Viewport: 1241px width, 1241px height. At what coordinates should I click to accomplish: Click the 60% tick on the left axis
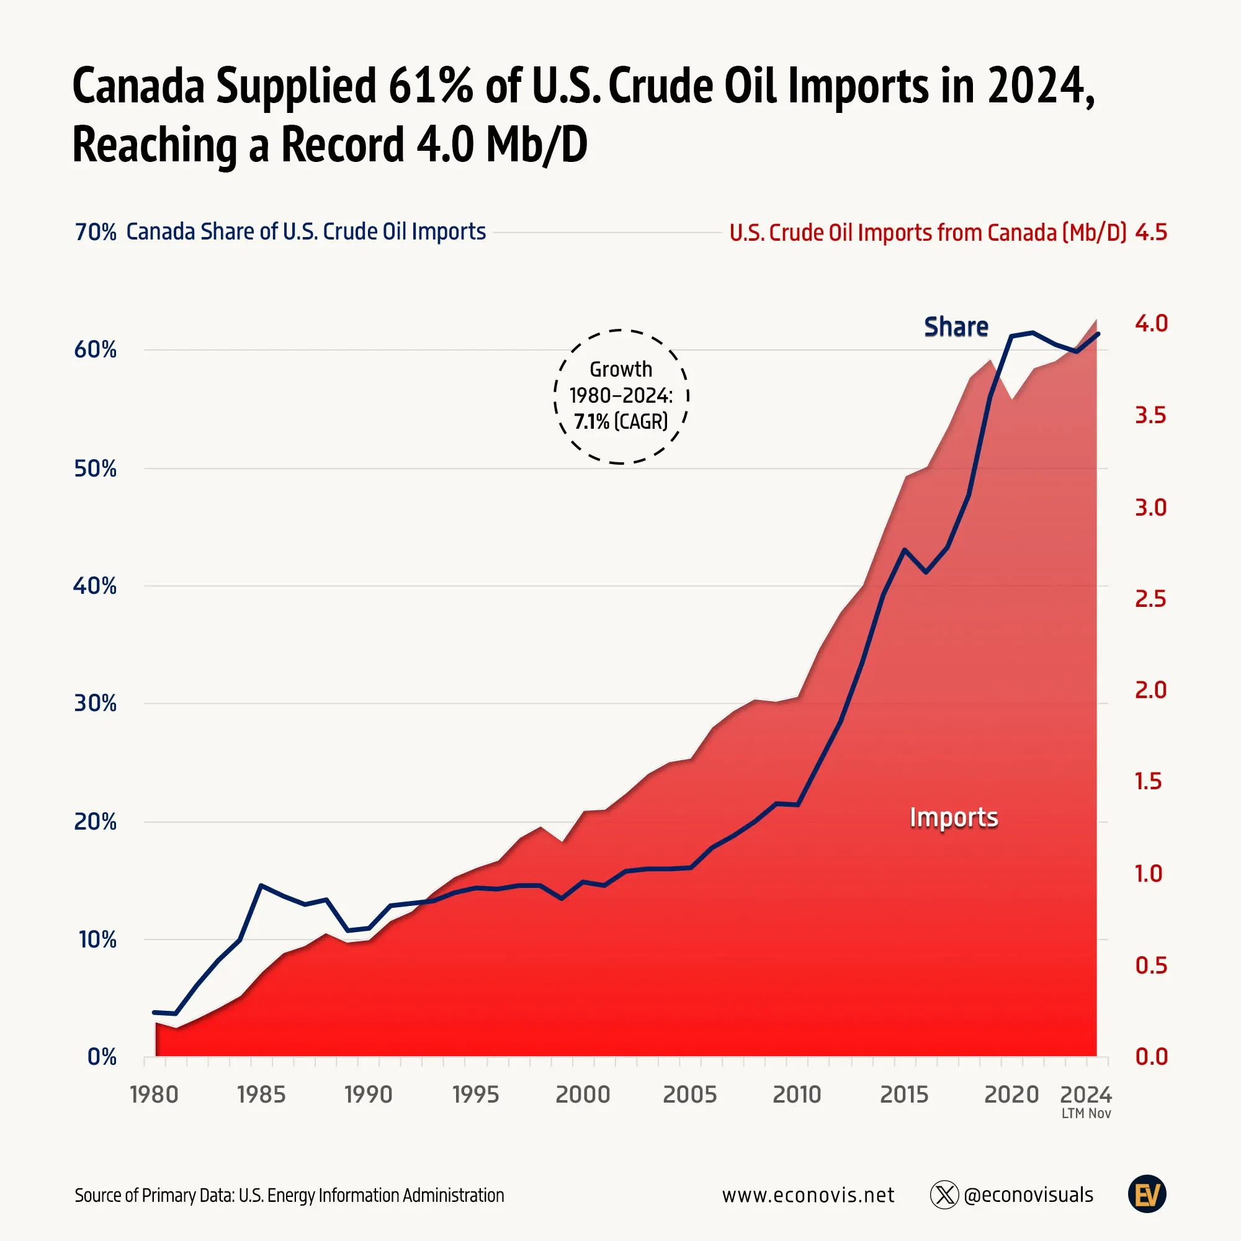pyautogui.click(x=95, y=350)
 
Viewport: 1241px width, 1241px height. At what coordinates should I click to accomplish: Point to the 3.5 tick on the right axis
pyautogui.click(x=1150, y=416)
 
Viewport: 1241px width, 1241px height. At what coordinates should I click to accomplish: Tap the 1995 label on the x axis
pyautogui.click(x=475, y=1094)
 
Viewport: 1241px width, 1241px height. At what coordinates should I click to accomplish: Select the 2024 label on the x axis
pyautogui.click(x=1085, y=1094)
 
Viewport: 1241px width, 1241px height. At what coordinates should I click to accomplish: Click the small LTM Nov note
pyautogui.click(x=1085, y=1114)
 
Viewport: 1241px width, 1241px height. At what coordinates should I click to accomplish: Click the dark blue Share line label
pyautogui.click(x=956, y=327)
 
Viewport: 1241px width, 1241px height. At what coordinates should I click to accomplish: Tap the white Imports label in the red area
pyautogui.click(x=954, y=818)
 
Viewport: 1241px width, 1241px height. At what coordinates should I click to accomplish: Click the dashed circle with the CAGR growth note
pyautogui.click(x=621, y=396)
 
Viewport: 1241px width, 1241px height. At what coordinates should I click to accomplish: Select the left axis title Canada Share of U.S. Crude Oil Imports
pyautogui.click(x=306, y=232)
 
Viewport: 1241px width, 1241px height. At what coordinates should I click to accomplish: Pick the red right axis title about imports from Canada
pyautogui.click(x=928, y=233)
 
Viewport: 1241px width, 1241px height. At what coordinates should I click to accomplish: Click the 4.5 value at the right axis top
pyautogui.click(x=1151, y=233)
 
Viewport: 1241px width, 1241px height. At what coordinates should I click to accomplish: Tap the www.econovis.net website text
pyautogui.click(x=808, y=1194)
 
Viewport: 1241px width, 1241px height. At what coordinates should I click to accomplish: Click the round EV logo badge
pyautogui.click(x=1147, y=1194)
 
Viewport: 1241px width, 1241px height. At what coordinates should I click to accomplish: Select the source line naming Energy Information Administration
pyautogui.click(x=289, y=1196)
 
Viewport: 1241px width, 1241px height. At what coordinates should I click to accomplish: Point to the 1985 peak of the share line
pyautogui.click(x=261, y=885)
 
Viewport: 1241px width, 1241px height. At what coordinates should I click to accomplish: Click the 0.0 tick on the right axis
pyautogui.click(x=1151, y=1057)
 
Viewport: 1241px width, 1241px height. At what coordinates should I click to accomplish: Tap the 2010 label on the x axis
pyautogui.click(x=797, y=1094)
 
